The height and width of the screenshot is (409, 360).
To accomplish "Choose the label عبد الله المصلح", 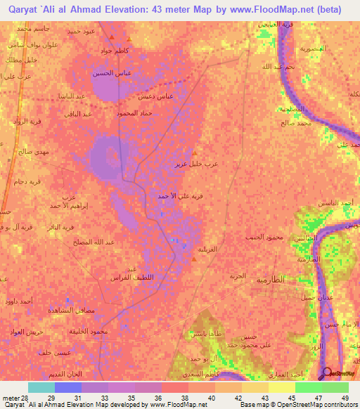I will point(80,242).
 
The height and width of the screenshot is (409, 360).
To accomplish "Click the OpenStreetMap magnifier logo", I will point(327,374).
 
